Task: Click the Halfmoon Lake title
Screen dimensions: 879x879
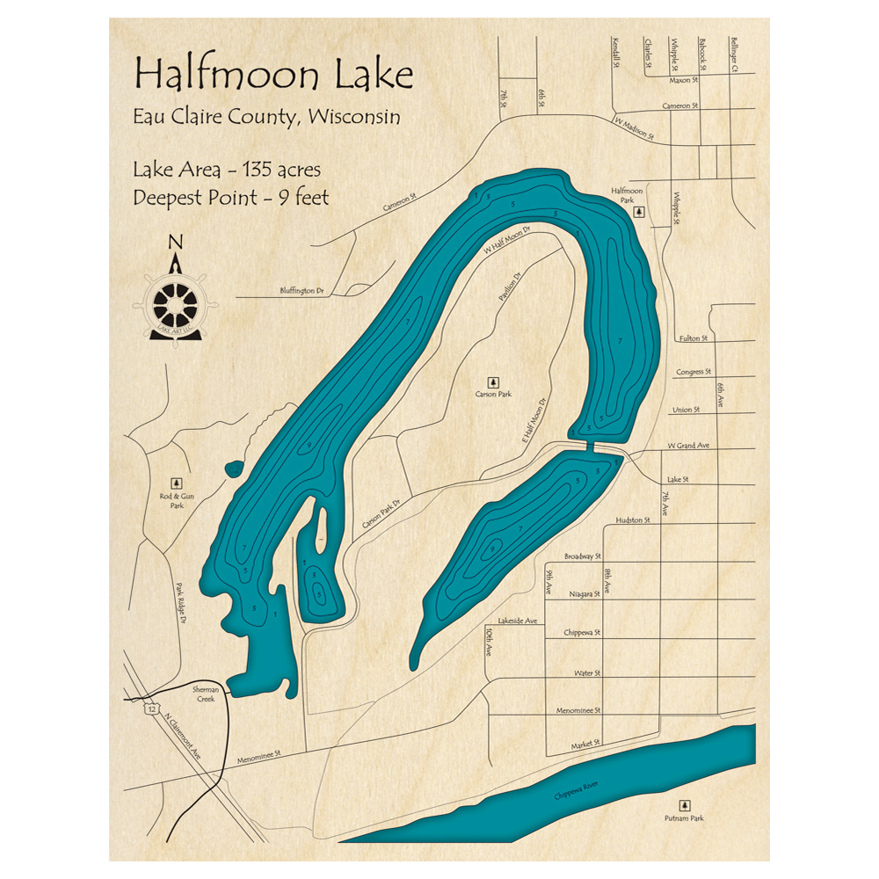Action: click(273, 76)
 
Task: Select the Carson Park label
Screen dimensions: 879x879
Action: click(493, 395)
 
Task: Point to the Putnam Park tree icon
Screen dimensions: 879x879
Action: click(684, 805)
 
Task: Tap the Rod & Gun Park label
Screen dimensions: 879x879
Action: click(178, 500)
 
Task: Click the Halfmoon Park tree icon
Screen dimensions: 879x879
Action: click(641, 211)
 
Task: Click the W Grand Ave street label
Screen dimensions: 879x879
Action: click(688, 447)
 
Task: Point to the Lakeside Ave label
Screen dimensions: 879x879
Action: click(518, 621)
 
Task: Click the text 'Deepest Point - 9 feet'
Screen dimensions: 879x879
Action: click(231, 197)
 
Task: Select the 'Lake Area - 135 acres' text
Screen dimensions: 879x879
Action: click(227, 169)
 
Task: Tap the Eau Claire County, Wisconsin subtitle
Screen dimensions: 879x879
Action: click(266, 117)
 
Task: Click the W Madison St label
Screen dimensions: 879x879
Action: click(635, 129)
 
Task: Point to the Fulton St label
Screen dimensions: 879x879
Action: click(693, 338)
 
